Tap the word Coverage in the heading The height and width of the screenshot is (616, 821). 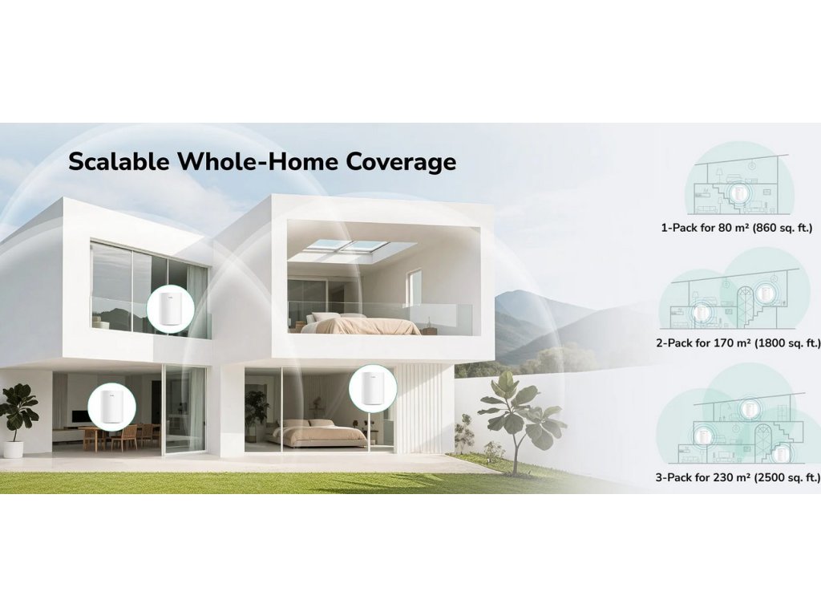(x=401, y=162)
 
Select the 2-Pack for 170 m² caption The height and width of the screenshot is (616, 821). (x=738, y=343)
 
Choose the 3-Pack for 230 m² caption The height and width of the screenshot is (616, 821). (x=738, y=477)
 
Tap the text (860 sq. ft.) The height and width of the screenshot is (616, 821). (x=783, y=228)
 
